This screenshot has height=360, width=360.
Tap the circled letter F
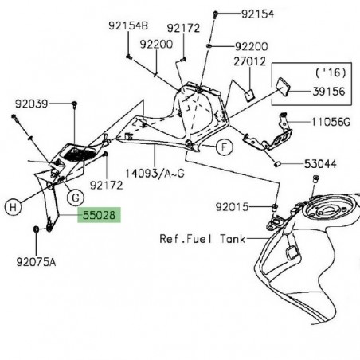point(224,147)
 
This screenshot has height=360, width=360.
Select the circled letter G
point(73,196)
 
